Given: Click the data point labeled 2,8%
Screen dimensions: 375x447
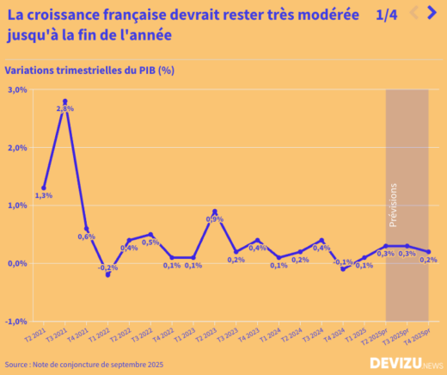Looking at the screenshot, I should pos(64,101).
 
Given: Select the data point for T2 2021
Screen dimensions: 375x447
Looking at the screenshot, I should pos(44,187).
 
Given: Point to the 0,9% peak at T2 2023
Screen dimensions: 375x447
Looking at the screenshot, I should pos(214,212).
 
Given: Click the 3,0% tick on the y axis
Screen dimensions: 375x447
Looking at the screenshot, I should pos(17,89).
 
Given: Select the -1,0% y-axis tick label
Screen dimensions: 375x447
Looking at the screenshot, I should pos(17,321).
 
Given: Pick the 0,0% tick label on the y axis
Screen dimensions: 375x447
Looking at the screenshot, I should pos(17,263).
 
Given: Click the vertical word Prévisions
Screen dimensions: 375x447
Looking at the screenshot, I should pos(394,204).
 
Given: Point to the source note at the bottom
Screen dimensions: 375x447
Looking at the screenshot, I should pos(83,365).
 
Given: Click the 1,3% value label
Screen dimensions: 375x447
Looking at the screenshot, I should pos(44,195).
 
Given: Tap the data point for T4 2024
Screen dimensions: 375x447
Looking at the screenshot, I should pos(342,269).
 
